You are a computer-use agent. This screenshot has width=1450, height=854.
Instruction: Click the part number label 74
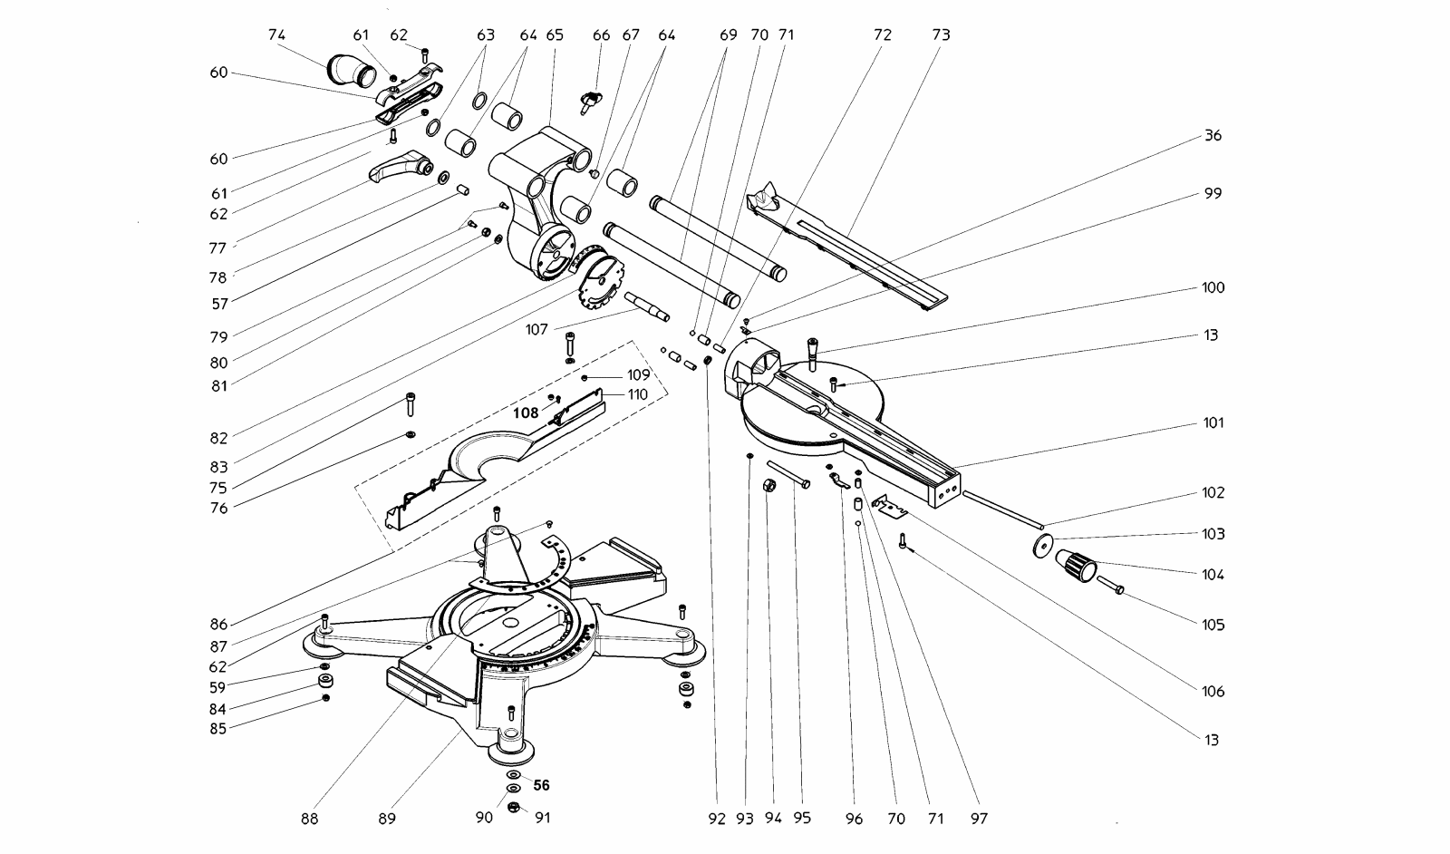pyautogui.click(x=276, y=35)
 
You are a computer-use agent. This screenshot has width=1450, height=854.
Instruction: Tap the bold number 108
pyautogui.click(x=526, y=413)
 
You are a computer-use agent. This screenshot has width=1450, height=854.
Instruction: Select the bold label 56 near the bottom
pyautogui.click(x=541, y=785)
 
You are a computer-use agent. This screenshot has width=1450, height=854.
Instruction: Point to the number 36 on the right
pyautogui.click(x=1213, y=135)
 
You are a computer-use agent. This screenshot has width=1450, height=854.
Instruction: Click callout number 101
pyautogui.click(x=1213, y=422)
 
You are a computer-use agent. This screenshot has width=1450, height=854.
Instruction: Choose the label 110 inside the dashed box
pyautogui.click(x=638, y=394)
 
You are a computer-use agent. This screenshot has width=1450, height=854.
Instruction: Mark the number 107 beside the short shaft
pyautogui.click(x=536, y=330)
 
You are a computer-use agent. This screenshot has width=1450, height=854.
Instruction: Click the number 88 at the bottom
pyautogui.click(x=309, y=819)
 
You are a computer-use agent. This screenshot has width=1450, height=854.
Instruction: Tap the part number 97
pyautogui.click(x=979, y=819)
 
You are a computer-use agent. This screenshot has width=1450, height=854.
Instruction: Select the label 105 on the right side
pyautogui.click(x=1213, y=625)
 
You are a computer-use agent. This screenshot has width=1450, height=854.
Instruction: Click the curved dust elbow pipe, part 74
pyautogui.click(x=352, y=71)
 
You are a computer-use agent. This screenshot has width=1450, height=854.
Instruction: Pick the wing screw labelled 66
pyautogui.click(x=590, y=102)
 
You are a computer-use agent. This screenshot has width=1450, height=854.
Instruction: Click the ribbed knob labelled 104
pyautogui.click(x=1076, y=565)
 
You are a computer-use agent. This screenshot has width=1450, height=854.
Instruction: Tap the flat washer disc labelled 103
pyautogui.click(x=1043, y=545)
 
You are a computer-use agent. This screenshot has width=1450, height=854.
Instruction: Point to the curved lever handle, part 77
pyautogui.click(x=401, y=167)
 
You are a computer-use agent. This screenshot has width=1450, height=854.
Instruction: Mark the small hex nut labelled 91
pyautogui.click(x=514, y=807)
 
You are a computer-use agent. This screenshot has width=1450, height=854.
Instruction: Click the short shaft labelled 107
pyautogui.click(x=647, y=306)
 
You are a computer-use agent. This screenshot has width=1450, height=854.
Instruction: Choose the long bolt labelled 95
pyautogui.click(x=788, y=473)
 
